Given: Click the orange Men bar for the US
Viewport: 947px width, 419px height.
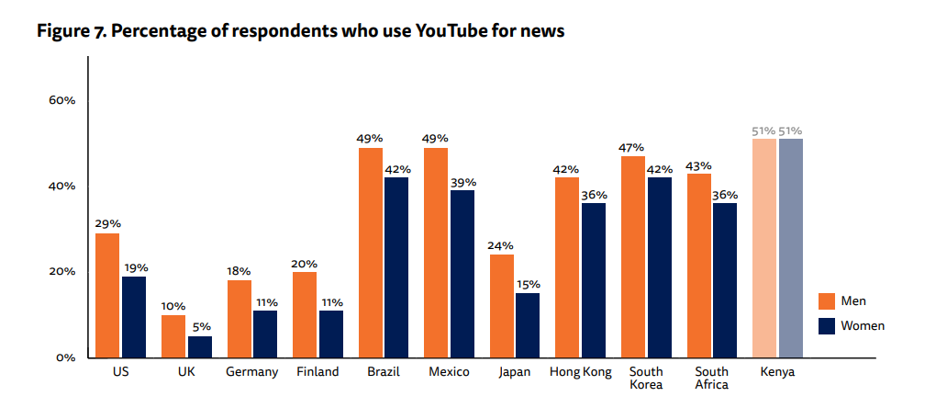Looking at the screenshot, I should [x=107, y=295].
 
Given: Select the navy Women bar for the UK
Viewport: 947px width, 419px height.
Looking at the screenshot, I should [x=199, y=346].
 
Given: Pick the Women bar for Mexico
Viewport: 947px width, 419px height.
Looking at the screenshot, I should [x=462, y=274].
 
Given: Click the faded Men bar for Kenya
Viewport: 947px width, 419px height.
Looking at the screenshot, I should [x=763, y=248].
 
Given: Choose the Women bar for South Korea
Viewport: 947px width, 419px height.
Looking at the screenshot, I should [x=659, y=267].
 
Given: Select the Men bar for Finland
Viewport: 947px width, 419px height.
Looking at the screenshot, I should [x=305, y=314].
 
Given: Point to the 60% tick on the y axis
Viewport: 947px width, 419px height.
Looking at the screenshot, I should [x=62, y=100].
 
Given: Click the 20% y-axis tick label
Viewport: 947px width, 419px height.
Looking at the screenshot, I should [x=62, y=272].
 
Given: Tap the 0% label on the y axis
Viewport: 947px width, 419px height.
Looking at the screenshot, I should [x=65, y=357].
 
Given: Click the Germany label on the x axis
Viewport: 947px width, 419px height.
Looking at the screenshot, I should [x=251, y=372].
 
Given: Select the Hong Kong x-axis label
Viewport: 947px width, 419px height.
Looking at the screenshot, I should [x=580, y=372].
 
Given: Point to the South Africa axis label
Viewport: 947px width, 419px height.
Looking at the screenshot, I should [x=712, y=378].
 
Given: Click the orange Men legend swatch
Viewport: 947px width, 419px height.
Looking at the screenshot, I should [x=826, y=301].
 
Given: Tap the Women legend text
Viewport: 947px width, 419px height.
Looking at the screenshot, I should [x=863, y=325].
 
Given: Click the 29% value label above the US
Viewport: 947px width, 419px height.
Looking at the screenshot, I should [x=107, y=223].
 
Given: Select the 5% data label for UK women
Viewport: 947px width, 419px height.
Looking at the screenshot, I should [x=200, y=326].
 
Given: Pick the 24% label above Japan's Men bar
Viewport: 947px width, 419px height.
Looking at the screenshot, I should [x=501, y=245].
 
